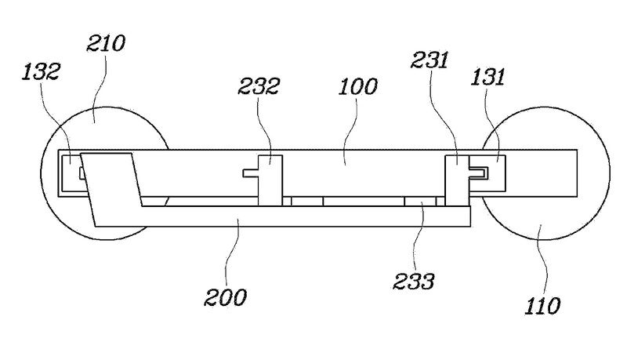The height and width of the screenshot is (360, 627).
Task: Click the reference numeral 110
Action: point(542,304)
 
